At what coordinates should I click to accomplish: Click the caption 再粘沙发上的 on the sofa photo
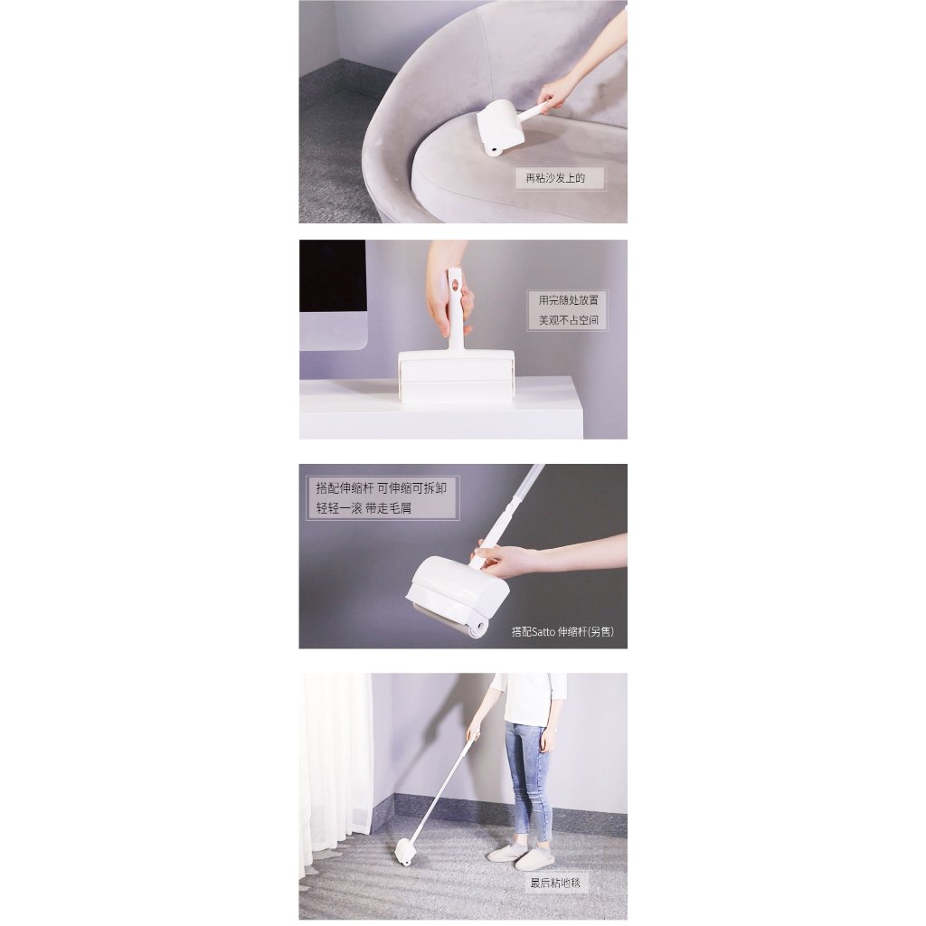pyautogui.click(x=555, y=178)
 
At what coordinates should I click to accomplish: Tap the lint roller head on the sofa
pyautogui.click(x=500, y=128)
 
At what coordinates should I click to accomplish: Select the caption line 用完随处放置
pyautogui.click(x=568, y=300)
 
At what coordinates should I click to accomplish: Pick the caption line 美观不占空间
pyautogui.click(x=568, y=320)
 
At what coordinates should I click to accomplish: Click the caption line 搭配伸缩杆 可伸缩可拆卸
pyautogui.click(x=381, y=487)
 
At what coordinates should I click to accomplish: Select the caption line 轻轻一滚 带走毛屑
pyautogui.click(x=364, y=508)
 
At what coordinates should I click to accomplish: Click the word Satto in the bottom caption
pyautogui.click(x=543, y=632)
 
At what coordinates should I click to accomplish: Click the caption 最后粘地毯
pyautogui.click(x=555, y=883)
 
